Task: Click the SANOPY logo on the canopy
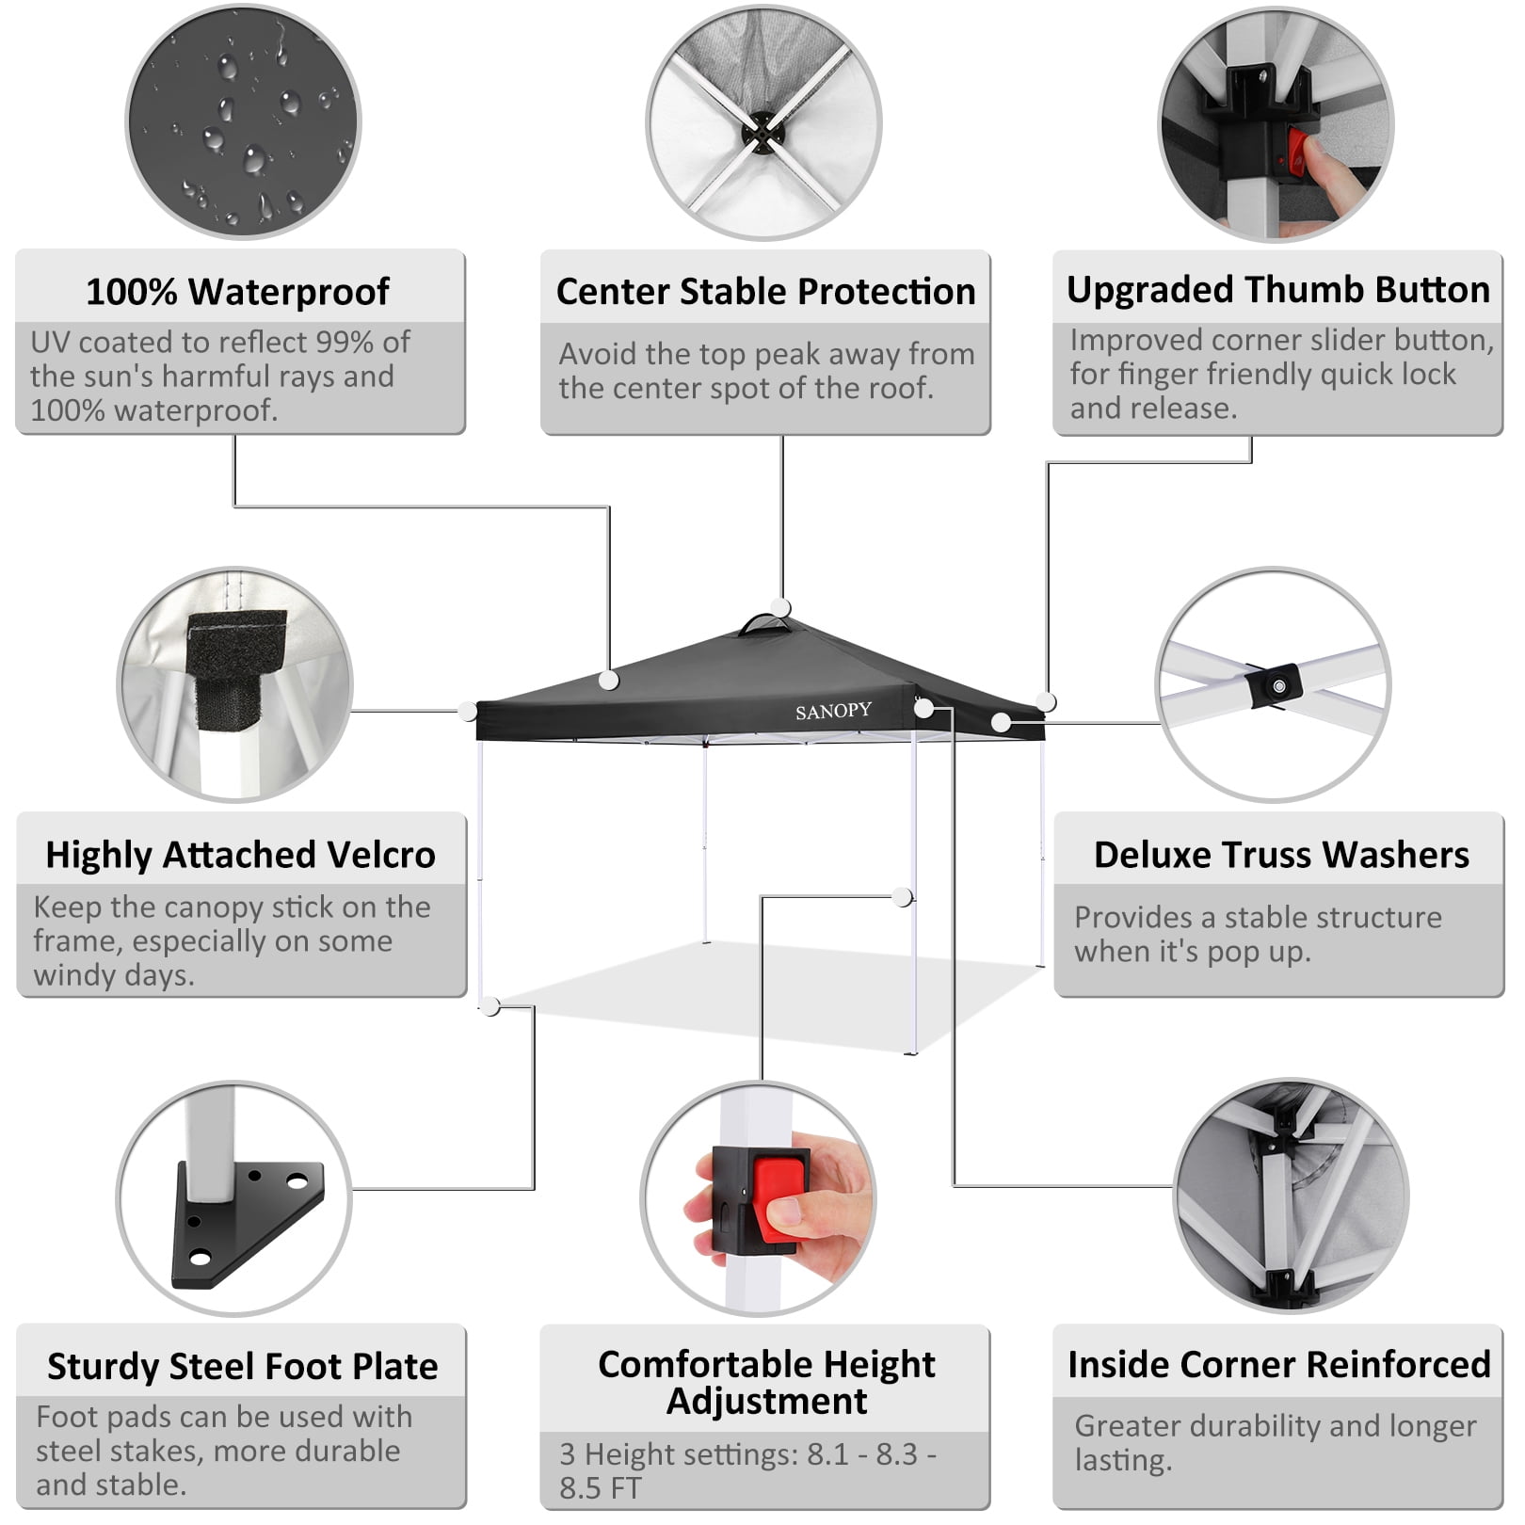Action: tap(833, 712)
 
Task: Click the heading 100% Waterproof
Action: tap(237, 292)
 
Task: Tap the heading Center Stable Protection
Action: tap(765, 292)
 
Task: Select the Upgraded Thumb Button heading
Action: tap(1277, 290)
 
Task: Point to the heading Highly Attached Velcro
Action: tap(240, 855)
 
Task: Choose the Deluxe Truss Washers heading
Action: tap(1280, 855)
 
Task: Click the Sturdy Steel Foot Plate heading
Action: tap(242, 1367)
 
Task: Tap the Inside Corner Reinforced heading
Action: tap(1278, 1365)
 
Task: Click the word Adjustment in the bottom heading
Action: tap(766, 1403)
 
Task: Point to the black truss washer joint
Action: tap(1276, 685)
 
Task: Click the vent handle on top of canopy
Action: tap(766, 625)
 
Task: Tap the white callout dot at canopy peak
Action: tap(780, 607)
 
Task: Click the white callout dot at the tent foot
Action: tap(490, 1006)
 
